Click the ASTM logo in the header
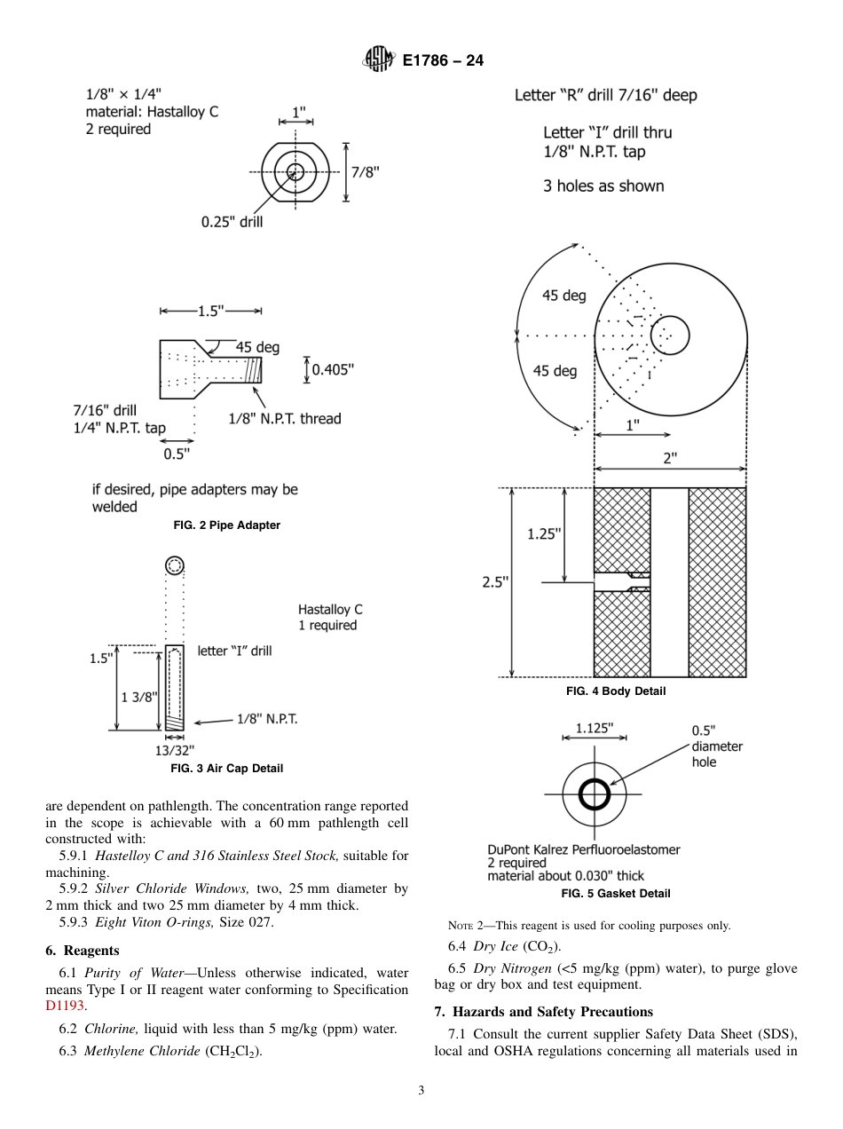[377, 60]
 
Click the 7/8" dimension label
[366, 172]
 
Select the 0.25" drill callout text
[232, 222]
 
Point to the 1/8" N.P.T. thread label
[284, 418]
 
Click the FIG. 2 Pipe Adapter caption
[226, 525]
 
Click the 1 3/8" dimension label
[139, 697]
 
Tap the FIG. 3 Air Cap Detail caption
[226, 769]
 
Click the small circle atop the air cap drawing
[175, 565]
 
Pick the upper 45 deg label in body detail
[564, 296]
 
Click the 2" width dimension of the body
[670, 458]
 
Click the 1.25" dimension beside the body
[544, 533]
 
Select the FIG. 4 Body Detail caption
[616, 691]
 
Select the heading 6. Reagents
[83, 951]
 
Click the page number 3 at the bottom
[421, 1091]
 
